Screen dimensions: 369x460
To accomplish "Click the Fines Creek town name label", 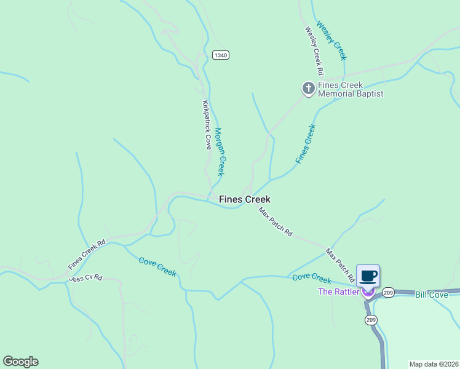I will [x=245, y=199].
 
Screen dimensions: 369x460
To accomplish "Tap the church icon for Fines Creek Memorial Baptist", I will [x=308, y=89].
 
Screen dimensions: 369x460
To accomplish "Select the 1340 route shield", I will [x=221, y=55].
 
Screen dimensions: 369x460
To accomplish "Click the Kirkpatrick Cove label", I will [x=207, y=125].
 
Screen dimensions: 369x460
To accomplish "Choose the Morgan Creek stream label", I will [x=220, y=152].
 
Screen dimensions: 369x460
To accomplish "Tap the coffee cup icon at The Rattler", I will [x=368, y=276].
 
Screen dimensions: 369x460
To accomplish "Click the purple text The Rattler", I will [x=338, y=292].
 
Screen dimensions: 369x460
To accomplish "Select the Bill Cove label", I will [x=431, y=295].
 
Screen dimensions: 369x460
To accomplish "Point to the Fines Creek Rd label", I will [x=87, y=255].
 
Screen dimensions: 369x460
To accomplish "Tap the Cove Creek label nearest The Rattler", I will [x=312, y=277].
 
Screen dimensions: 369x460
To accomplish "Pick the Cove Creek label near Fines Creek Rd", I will [x=157, y=266].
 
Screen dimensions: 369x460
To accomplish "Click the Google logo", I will [x=20, y=362].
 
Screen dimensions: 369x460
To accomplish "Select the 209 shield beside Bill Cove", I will [x=388, y=293].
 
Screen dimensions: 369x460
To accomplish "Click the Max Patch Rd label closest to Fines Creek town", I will [x=275, y=223].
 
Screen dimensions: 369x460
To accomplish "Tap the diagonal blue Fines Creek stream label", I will [x=305, y=144].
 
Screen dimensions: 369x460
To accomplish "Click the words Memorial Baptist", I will [x=351, y=93].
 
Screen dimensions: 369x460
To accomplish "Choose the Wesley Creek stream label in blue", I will [x=332, y=41].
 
